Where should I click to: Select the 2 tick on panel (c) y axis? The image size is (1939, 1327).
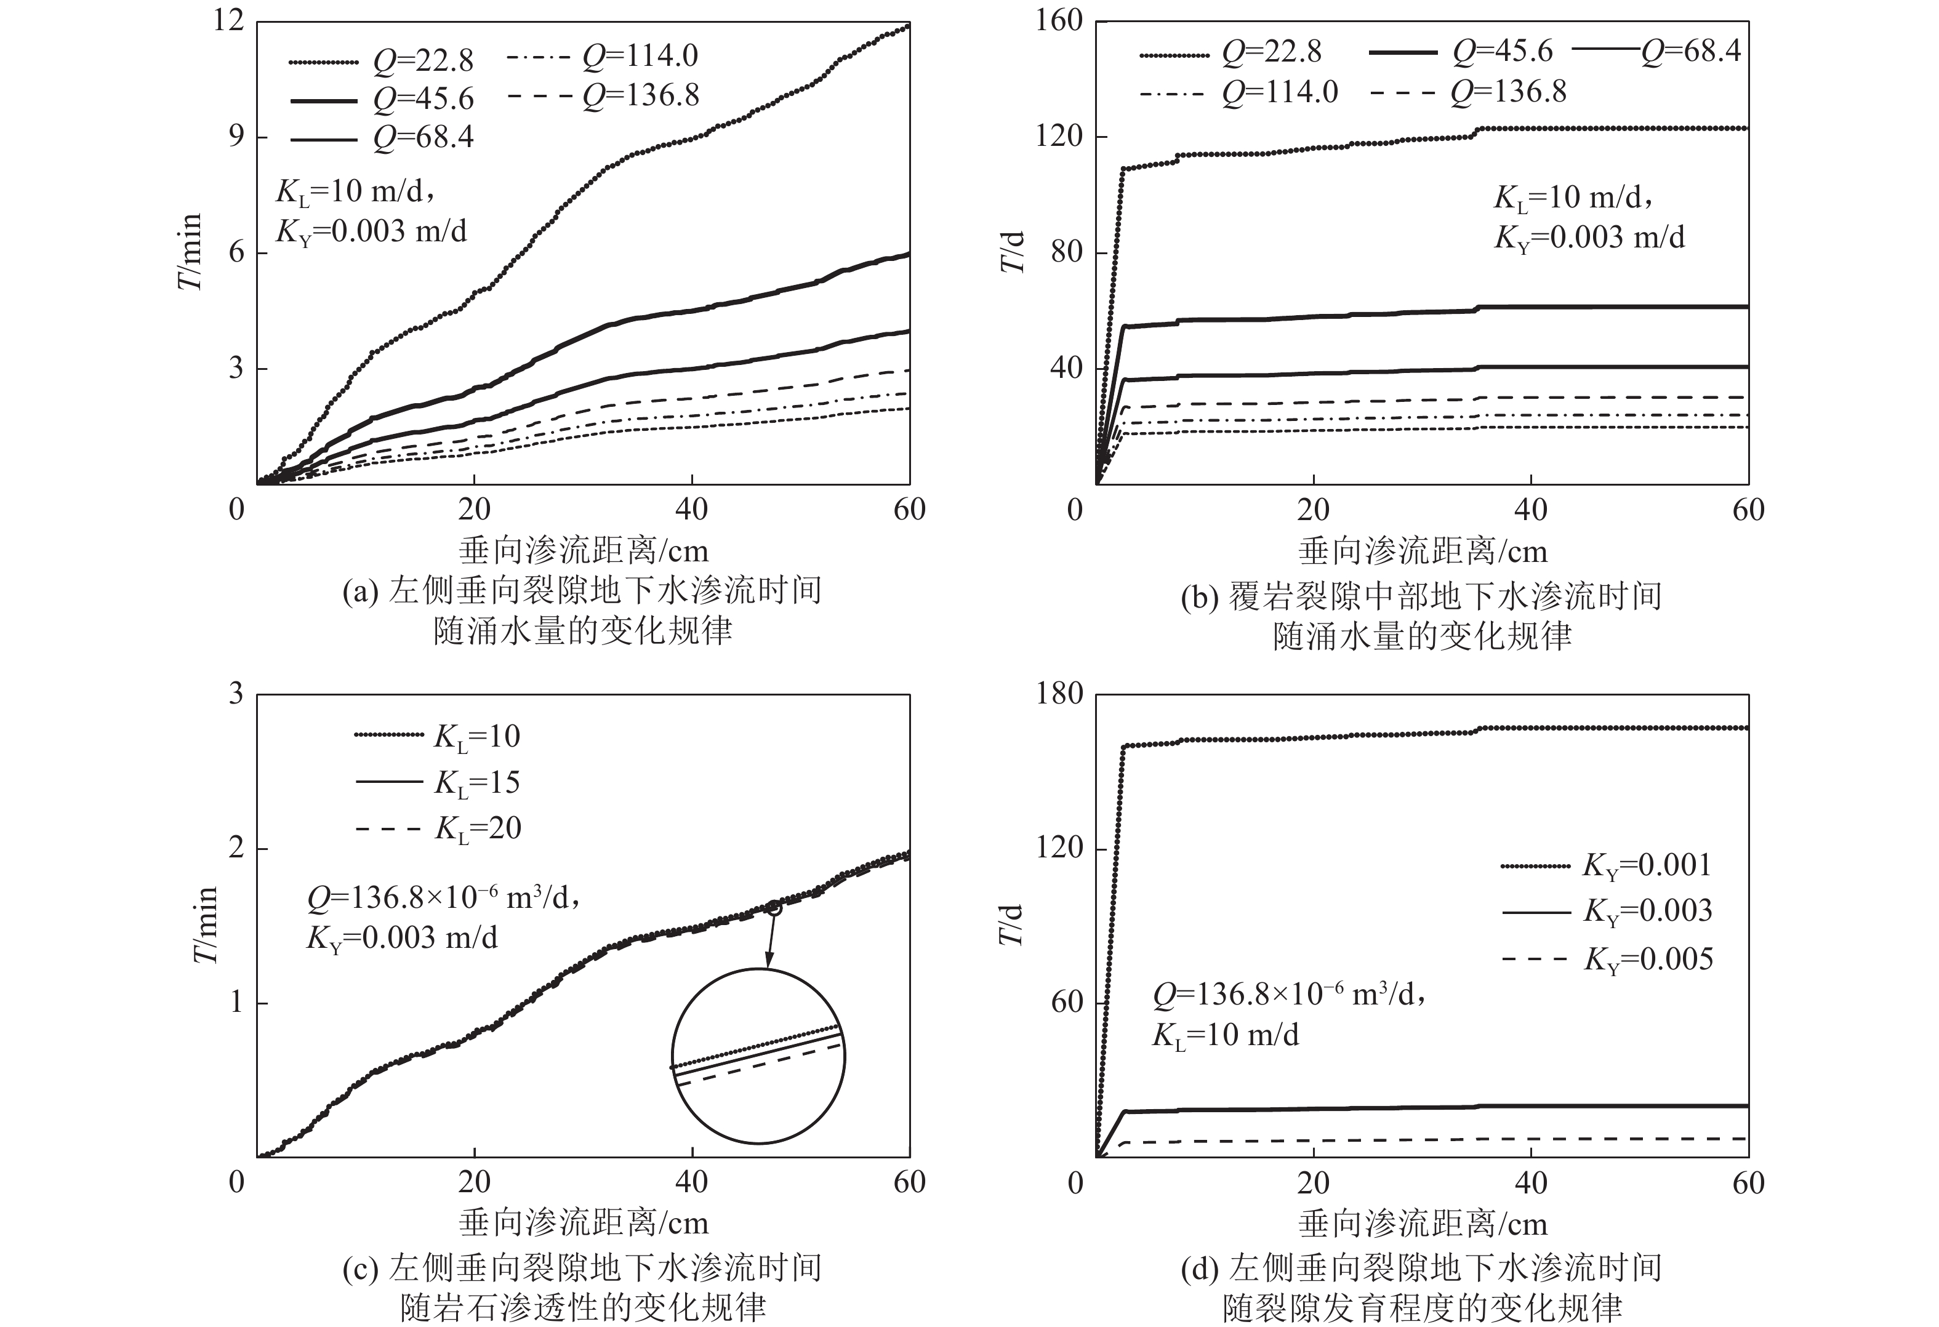[236, 848]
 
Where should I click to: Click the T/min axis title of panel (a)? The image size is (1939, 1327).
[190, 251]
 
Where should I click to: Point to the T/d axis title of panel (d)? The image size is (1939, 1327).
[1011, 924]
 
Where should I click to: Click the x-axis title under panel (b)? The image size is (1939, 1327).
[1423, 551]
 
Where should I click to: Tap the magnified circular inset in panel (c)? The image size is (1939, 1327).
[758, 1055]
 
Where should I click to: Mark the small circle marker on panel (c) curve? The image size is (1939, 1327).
[774, 907]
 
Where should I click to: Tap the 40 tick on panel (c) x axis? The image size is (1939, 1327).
[692, 1182]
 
